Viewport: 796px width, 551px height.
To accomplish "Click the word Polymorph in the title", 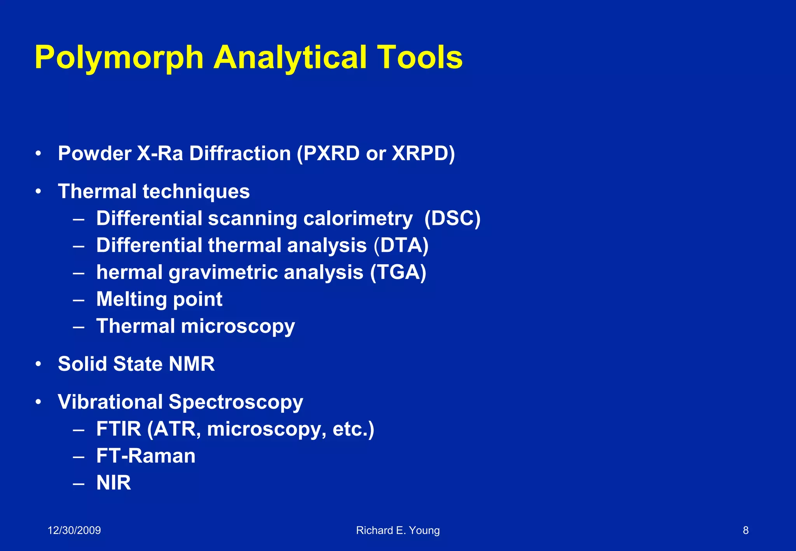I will pyautogui.click(x=119, y=58).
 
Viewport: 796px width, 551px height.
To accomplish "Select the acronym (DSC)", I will pyautogui.click(x=452, y=218).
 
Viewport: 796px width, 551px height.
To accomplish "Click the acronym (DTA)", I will pyautogui.click(x=401, y=246).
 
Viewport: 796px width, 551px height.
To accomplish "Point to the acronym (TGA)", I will pyautogui.click(x=398, y=272).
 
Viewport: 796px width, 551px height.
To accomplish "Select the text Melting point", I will pyautogui.click(x=159, y=299).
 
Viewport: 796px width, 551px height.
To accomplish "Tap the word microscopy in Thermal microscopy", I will pyautogui.click(x=238, y=326).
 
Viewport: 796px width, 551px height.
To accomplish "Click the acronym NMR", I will pyautogui.click(x=192, y=364).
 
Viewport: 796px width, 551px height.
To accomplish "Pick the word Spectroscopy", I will pyautogui.click(x=236, y=402).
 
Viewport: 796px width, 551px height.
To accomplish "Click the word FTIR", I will pyautogui.click(x=119, y=429).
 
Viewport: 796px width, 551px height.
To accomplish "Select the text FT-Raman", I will pyautogui.click(x=146, y=456).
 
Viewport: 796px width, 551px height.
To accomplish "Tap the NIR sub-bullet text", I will pyautogui.click(x=113, y=483).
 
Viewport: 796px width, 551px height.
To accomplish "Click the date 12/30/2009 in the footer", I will pyautogui.click(x=74, y=530).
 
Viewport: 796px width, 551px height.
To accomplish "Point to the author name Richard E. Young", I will pyautogui.click(x=398, y=530).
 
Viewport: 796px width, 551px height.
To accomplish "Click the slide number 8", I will pyautogui.click(x=745, y=530).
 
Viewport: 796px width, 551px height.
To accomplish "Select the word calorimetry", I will pyautogui.click(x=358, y=218).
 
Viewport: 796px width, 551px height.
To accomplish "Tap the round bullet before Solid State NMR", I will pyautogui.click(x=38, y=364).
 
